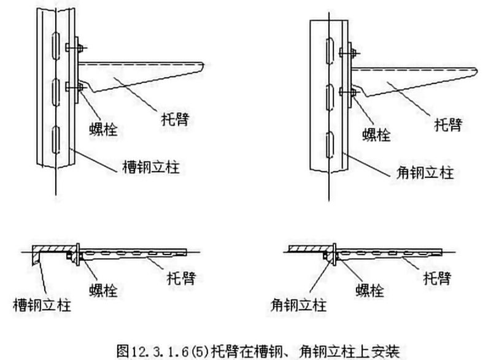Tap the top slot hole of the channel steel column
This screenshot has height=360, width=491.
pos(56,47)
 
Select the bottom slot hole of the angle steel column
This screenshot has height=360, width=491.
pos(330,142)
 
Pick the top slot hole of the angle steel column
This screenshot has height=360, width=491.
pos(330,47)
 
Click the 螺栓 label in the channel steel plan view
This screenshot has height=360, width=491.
pos(103,288)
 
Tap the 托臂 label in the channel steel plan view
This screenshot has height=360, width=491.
pos(180,278)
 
